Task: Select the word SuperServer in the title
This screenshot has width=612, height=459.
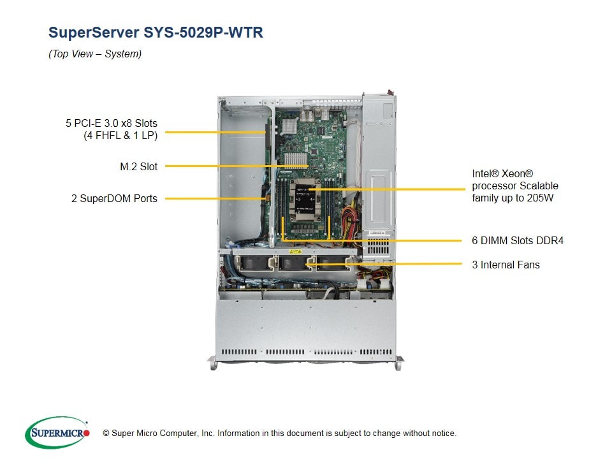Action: (93, 33)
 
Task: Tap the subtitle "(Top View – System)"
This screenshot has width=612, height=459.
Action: (95, 54)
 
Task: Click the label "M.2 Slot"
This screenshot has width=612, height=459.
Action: (138, 166)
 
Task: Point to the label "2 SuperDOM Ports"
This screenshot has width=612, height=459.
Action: (114, 198)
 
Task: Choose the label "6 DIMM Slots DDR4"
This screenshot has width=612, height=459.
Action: (518, 240)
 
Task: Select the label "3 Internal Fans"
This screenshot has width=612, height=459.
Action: (506, 265)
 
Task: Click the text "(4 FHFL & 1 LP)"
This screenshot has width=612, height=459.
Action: (120, 135)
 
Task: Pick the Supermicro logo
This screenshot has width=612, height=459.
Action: (57, 433)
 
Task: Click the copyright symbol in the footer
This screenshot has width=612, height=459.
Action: (98, 433)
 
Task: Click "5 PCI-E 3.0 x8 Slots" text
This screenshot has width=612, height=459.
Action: (111, 122)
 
